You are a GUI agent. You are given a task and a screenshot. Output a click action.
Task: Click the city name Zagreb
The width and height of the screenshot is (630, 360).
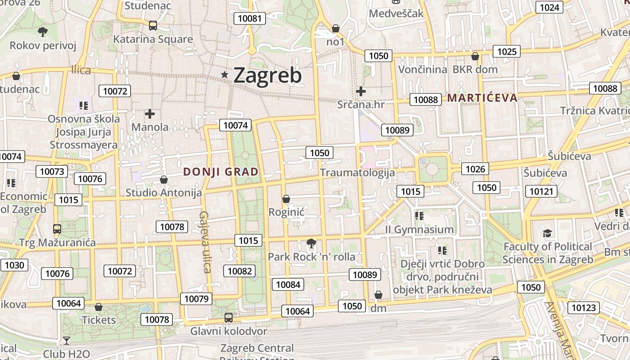coord(267,75)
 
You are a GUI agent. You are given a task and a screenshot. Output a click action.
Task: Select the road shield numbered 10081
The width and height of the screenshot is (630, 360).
coord(249,18)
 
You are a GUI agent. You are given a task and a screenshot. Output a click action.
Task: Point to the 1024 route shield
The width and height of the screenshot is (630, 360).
coord(549,7)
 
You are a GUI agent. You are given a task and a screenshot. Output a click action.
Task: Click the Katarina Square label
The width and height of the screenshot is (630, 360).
coord(153,39)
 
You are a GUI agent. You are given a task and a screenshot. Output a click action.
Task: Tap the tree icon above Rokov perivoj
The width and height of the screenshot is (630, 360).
coord(43,31)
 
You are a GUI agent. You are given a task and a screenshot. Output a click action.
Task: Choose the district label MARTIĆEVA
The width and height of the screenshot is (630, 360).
coord(482,98)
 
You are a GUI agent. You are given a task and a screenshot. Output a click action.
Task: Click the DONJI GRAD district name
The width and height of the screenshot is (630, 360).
coord(221,171)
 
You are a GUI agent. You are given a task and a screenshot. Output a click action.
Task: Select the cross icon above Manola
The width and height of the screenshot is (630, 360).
coord(150,114)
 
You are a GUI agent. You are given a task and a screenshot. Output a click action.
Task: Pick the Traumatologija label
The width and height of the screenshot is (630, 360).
coord(357,172)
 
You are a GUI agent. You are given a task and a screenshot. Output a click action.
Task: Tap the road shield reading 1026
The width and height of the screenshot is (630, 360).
coord(475,169)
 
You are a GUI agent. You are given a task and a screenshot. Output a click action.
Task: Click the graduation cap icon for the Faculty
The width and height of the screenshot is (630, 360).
coord(547,233)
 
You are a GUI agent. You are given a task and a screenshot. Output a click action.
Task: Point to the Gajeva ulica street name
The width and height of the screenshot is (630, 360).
coord(205,242)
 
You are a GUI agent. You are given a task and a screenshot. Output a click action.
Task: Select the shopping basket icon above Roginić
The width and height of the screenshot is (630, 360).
coord(286,199)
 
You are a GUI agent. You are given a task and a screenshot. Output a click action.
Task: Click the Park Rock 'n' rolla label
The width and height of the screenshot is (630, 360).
coord(311,257)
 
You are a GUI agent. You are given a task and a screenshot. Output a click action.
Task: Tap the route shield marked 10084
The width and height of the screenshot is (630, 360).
coord(288,284)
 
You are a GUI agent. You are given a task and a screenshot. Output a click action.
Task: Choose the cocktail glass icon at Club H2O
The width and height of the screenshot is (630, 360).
coord(67,341)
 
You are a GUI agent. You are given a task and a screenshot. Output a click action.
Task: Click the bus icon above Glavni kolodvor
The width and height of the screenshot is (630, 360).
coord(229,318)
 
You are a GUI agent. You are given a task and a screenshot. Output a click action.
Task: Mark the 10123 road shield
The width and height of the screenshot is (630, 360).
coord(583,308)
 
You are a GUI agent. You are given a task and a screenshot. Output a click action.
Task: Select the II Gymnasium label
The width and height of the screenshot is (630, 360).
coord(419,229)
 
